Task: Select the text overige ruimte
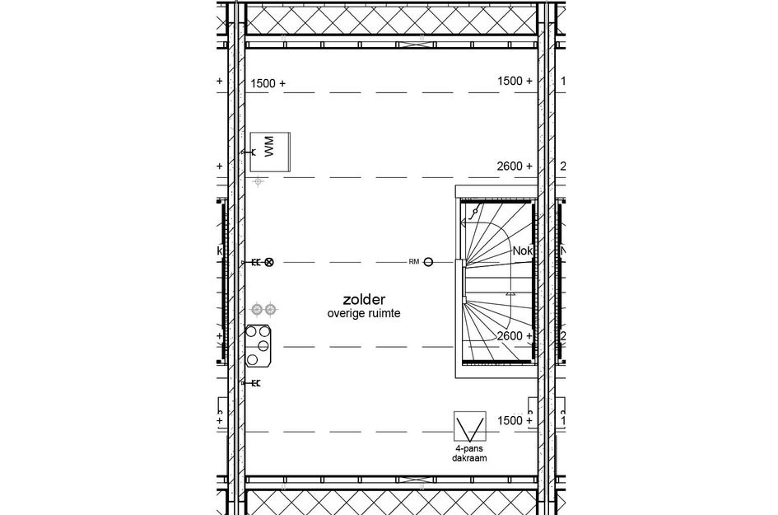click(x=363, y=314)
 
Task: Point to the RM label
click(x=414, y=262)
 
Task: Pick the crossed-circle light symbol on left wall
click(x=268, y=262)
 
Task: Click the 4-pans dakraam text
click(x=469, y=452)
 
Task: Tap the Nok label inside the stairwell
click(x=521, y=250)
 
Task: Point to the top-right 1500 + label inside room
click(x=515, y=81)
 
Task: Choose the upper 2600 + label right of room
click(x=515, y=166)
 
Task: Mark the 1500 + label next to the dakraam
click(x=515, y=420)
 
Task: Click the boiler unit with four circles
click(x=260, y=346)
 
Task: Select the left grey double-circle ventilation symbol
click(x=259, y=308)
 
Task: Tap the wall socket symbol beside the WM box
click(x=246, y=152)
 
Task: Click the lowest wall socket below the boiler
click(x=253, y=383)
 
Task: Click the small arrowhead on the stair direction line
click(x=510, y=292)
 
